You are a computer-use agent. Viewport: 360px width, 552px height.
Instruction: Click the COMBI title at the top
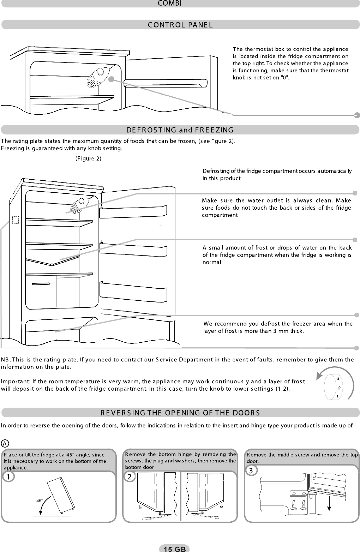point(169,4)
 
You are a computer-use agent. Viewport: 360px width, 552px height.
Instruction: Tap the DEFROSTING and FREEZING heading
point(180,130)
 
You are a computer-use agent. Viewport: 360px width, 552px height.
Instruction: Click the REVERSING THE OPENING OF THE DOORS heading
point(180,413)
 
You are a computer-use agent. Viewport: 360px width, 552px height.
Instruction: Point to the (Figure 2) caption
point(89,158)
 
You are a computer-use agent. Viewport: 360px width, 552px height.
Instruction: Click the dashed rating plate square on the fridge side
point(15,220)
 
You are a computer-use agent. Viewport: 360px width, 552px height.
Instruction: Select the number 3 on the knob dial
point(338,379)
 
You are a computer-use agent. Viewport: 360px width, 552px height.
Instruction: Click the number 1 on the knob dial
point(337,396)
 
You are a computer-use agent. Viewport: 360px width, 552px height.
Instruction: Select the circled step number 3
point(251,470)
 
